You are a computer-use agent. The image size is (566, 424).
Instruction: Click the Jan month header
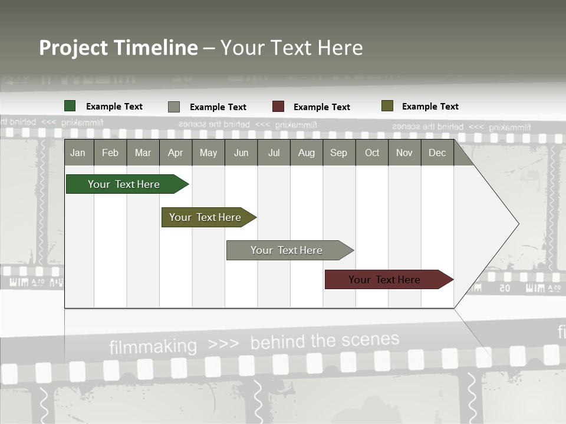[x=78, y=153]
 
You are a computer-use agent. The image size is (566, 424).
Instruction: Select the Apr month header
[x=175, y=153]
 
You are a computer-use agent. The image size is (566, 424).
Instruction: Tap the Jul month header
[x=274, y=153]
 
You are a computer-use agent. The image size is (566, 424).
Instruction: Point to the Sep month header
[x=338, y=153]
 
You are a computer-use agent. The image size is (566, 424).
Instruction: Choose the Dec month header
[x=437, y=153]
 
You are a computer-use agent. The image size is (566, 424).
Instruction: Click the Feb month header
[x=110, y=153]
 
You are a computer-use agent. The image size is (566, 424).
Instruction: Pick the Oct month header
[x=372, y=153]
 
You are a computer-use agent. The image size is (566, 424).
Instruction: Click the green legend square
[x=70, y=106]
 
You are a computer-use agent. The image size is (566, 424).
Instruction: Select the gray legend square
[x=174, y=107]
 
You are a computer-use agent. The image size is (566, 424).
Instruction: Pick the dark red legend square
[x=278, y=107]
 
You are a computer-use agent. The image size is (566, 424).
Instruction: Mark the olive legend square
[x=387, y=106]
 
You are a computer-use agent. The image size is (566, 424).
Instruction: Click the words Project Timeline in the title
[x=119, y=48]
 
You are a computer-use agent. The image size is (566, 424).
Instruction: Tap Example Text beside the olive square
[x=430, y=107]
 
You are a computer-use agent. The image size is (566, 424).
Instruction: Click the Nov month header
[x=404, y=153]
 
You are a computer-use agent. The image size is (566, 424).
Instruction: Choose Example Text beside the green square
[x=114, y=107]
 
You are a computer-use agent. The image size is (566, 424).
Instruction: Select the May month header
[x=208, y=153]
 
